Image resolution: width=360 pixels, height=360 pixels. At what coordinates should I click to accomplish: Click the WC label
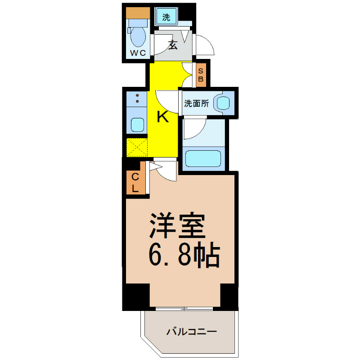(138, 53)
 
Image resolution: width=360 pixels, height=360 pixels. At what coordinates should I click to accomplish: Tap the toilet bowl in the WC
(138, 37)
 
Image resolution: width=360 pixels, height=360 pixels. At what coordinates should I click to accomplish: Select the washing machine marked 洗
(166, 17)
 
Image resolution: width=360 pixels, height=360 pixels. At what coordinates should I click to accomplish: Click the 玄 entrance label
(173, 45)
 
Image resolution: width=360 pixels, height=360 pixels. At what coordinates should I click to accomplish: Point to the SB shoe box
(201, 75)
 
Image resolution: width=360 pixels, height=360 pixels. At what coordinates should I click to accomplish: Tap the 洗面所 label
(197, 103)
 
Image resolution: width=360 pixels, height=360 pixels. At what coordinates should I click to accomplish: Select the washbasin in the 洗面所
(223, 103)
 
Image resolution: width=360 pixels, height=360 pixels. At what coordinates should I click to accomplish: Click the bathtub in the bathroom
(203, 159)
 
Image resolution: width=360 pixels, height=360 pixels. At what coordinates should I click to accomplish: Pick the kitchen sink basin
(137, 125)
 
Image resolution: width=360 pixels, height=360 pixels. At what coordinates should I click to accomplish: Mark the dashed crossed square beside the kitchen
(137, 148)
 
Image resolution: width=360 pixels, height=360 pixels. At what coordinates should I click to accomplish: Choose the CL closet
(136, 178)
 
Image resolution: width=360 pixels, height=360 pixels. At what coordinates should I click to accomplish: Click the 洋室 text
(177, 226)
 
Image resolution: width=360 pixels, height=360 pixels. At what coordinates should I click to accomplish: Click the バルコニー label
(192, 332)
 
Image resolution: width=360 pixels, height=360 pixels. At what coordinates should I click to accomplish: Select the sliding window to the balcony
(184, 309)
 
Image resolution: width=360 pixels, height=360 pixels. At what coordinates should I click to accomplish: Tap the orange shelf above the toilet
(138, 13)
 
